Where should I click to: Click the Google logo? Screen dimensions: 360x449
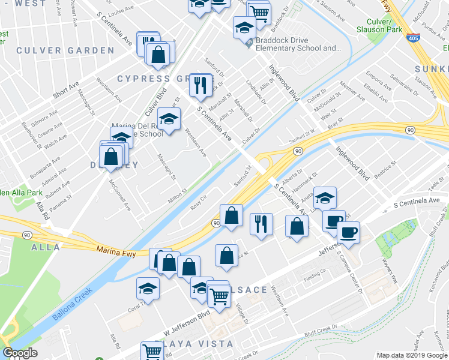20,353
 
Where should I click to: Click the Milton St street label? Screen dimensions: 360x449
178,196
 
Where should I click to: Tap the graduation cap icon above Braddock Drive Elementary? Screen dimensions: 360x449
244,27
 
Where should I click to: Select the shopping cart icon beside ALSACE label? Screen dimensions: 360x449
219,295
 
